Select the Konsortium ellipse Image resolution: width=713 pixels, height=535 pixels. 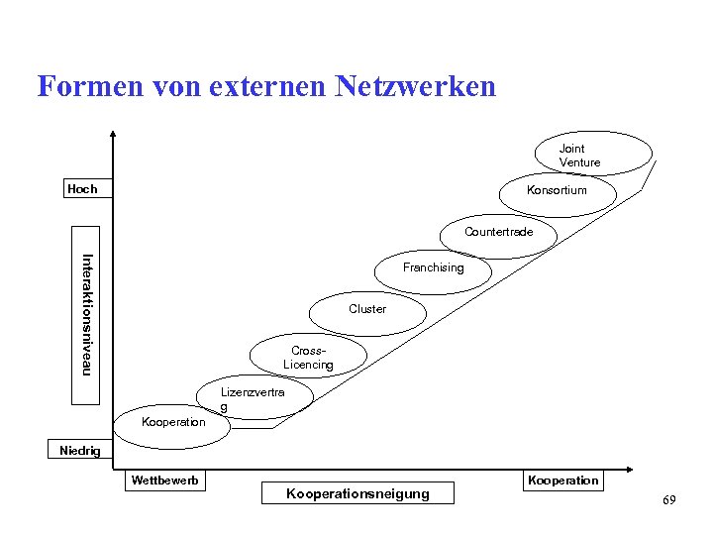tap(557, 190)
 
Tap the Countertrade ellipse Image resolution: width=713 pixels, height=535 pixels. tap(498, 233)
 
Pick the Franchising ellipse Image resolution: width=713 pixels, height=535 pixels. tap(433, 268)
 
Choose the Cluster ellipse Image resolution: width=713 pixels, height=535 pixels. tap(367, 309)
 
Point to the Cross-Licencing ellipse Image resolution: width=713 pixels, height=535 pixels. tap(308, 358)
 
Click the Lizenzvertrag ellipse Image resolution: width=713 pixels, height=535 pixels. tap(255, 398)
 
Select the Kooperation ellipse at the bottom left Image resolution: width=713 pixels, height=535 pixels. tap(174, 422)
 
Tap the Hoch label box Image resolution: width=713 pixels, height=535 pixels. tap(83, 189)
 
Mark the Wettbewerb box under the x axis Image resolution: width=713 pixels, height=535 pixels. tap(164, 481)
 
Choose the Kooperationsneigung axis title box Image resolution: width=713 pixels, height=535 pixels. tap(357, 493)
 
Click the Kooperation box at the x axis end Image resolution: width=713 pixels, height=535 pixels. tap(562, 481)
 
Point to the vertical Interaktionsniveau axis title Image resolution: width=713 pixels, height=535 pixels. tap(86, 315)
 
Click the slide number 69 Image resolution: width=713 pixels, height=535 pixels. tap(669, 501)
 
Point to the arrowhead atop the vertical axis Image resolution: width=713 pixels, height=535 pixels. tap(113, 136)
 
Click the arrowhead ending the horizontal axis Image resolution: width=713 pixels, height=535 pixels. tap(630, 467)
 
